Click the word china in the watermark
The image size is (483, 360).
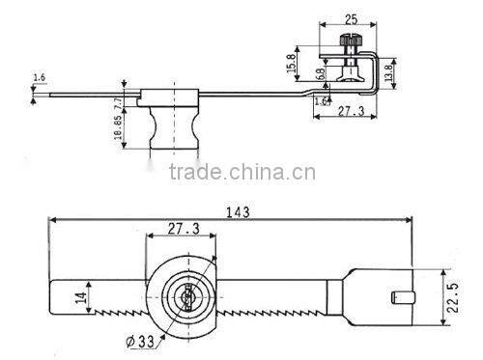pos(256,175)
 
